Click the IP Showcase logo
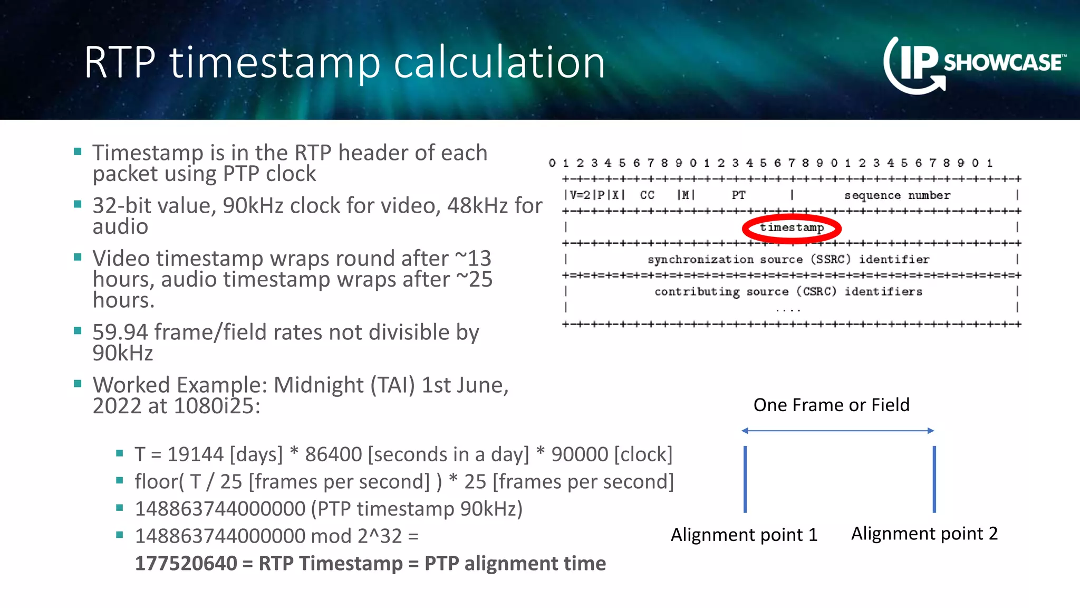973,64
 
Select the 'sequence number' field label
897,195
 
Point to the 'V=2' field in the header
580,195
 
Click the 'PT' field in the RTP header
738,195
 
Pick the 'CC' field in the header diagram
647,195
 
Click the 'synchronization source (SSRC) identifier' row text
788,260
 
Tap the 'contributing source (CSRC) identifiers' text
788,292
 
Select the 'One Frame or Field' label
832,405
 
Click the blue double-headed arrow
837,431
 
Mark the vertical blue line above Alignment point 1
745,479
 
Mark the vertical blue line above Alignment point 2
934,479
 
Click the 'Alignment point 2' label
924,534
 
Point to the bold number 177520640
186,564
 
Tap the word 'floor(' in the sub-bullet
159,482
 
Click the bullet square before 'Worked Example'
78,384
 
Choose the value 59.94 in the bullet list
120,332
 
